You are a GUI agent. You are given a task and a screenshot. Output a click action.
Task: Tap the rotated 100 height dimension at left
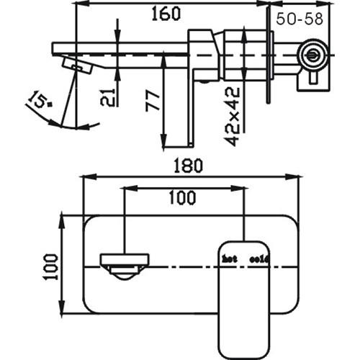click(x=49, y=264)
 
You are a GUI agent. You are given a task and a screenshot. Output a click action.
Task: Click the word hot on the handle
click(x=229, y=258)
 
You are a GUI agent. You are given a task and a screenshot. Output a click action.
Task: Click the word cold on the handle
click(x=257, y=258)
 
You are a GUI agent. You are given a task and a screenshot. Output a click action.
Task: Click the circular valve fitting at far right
click(x=312, y=52)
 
